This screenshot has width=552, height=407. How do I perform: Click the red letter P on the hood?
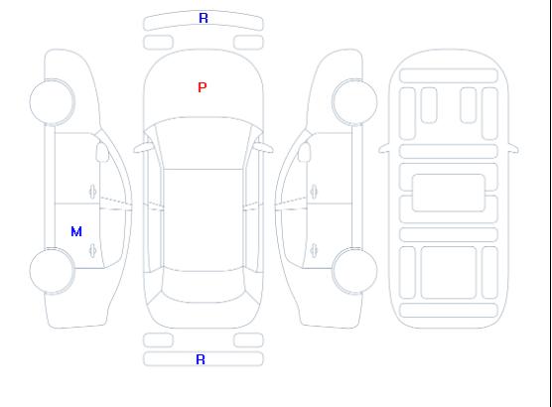203,87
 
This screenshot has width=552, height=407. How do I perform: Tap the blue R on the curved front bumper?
204,18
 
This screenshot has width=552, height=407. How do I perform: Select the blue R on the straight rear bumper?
201,359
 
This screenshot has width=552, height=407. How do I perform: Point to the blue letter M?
76,231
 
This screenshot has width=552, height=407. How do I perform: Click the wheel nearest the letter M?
52,271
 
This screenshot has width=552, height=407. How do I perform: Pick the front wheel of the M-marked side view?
52,102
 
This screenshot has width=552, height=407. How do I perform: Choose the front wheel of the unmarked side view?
354,102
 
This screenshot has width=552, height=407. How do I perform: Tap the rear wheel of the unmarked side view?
354,271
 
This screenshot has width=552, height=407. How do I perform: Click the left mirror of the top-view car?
142,148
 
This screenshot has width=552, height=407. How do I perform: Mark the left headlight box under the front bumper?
158,43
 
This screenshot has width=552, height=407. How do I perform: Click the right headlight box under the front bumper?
248,43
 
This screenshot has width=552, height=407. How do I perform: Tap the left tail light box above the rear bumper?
158,340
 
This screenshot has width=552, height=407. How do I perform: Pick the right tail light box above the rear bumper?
248,340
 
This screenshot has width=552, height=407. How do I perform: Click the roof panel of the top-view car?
204,220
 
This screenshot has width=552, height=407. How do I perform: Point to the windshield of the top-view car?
204,143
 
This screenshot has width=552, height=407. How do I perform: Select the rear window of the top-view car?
204,287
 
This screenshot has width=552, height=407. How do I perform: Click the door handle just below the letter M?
92,250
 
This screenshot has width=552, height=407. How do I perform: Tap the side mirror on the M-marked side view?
102,152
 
